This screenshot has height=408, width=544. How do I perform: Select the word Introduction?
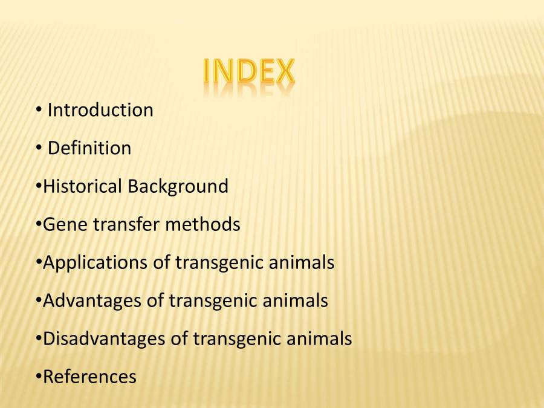(x=100, y=110)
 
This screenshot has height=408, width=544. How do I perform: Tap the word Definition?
(x=89, y=148)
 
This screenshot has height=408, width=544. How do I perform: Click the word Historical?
(x=82, y=186)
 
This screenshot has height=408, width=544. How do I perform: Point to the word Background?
(x=178, y=186)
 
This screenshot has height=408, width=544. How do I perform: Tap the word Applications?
(x=95, y=263)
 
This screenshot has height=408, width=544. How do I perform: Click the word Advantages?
(x=92, y=300)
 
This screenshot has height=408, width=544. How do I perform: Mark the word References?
(x=89, y=377)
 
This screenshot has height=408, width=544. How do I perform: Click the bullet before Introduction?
(x=38, y=110)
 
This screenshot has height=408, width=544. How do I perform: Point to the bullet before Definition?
(x=38, y=148)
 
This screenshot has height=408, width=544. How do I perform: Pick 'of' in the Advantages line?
(x=155, y=300)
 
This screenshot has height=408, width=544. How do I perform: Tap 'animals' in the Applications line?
(x=300, y=263)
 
